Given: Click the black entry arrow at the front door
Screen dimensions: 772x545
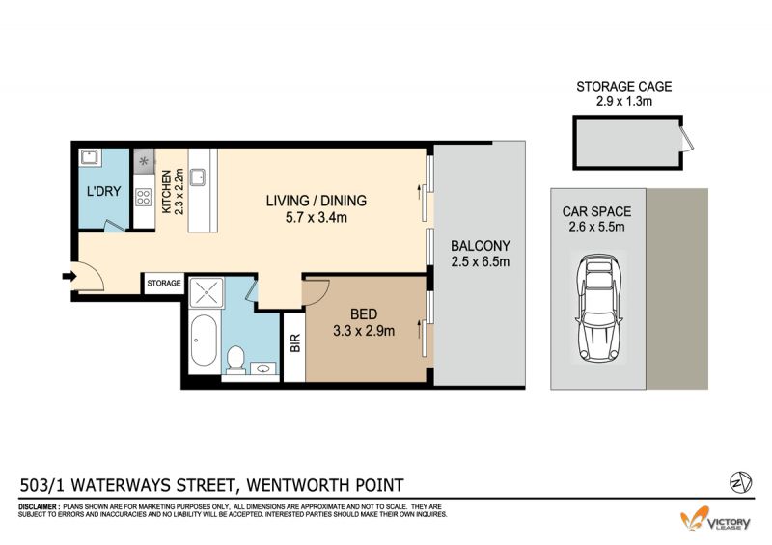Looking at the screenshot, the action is point(69,276).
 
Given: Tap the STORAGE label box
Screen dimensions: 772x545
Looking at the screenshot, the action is point(164,283).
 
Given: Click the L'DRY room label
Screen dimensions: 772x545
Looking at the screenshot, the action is point(103,191).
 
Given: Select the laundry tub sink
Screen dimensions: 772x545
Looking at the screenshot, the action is point(90,157).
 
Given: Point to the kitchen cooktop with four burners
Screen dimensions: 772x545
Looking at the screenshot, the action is point(143,198).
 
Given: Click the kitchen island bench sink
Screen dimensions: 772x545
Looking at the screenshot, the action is point(198,177).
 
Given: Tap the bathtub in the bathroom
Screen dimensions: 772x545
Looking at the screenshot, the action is point(204,341).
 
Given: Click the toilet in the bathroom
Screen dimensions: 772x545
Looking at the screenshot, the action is point(235,359).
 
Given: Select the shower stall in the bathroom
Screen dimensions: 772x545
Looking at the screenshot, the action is point(207,293).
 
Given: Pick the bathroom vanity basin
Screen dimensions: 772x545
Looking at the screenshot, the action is point(263,368).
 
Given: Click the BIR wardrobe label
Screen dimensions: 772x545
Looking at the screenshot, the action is point(295,342).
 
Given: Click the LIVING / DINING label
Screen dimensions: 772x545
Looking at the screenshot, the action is point(317,201).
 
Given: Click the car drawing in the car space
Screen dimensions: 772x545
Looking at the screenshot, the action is point(598,309).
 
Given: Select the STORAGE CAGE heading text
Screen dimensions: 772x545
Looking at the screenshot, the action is point(623,87).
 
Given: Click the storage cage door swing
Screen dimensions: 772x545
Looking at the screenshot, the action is point(686,138).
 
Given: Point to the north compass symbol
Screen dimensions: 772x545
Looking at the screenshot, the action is point(740,482).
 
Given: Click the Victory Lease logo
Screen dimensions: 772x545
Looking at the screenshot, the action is point(715,519).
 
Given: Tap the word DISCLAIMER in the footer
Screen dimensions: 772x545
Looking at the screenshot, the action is point(39,506).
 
